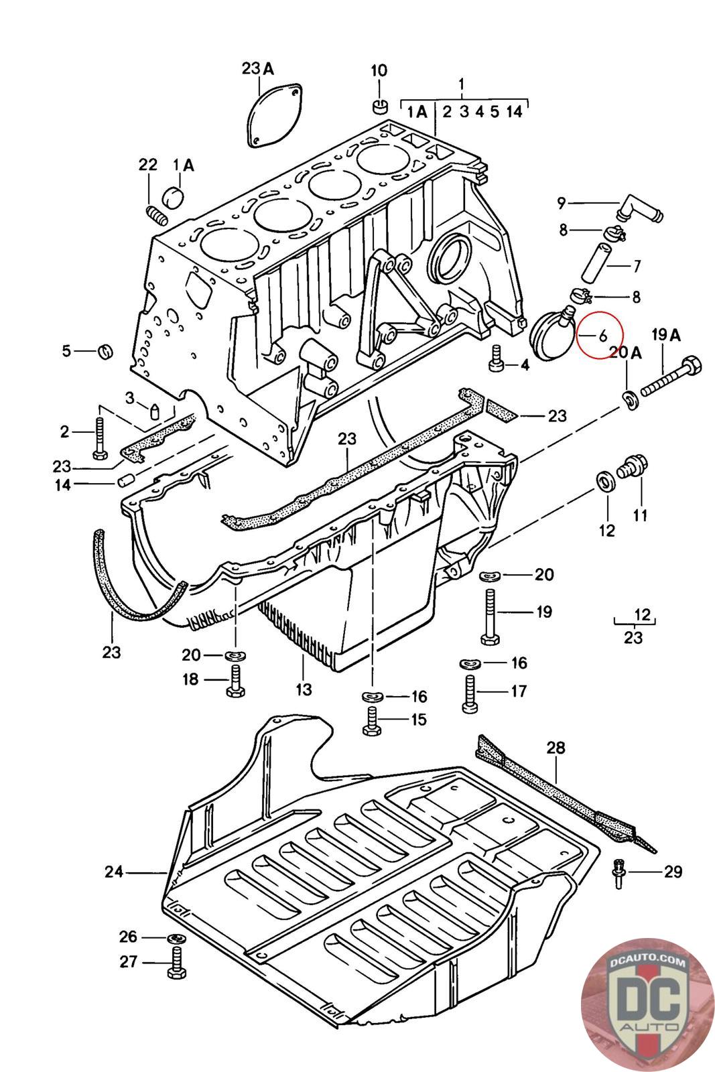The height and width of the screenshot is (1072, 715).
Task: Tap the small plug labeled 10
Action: (379, 107)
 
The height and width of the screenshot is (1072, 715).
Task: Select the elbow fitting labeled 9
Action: (639, 208)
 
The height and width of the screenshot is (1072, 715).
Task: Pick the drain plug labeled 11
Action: (632, 466)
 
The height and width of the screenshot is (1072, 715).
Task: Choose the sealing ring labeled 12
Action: (606, 482)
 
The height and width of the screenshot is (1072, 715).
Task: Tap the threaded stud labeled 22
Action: (155, 215)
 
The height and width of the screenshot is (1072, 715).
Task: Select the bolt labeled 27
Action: (176, 962)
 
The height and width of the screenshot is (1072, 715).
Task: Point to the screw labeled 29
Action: (619, 874)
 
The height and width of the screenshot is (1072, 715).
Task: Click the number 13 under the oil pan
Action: (304, 689)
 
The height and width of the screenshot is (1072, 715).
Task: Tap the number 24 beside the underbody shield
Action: (115, 872)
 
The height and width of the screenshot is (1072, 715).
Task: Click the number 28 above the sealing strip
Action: (556, 748)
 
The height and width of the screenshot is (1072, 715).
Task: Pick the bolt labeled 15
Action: (372, 721)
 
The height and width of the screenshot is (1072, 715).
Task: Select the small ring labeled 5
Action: (106, 352)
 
